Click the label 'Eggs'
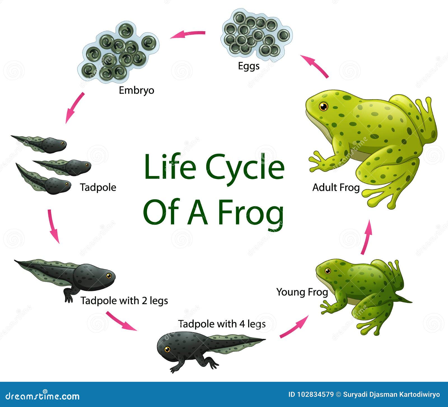click(249, 66)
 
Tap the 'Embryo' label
click(136, 90)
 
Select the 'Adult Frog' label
click(336, 187)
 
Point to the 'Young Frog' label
click(302, 292)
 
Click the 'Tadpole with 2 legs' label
click(124, 300)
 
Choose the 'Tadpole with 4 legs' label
click(222, 324)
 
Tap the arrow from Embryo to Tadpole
click(74, 108)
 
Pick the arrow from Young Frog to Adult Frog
click(367, 237)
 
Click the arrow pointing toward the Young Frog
click(294, 326)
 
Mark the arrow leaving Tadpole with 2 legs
click(121, 321)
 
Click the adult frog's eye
click(323, 107)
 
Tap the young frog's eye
click(328, 271)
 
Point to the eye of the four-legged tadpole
click(167, 349)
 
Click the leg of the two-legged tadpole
click(68, 296)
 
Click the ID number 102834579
click(315, 395)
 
